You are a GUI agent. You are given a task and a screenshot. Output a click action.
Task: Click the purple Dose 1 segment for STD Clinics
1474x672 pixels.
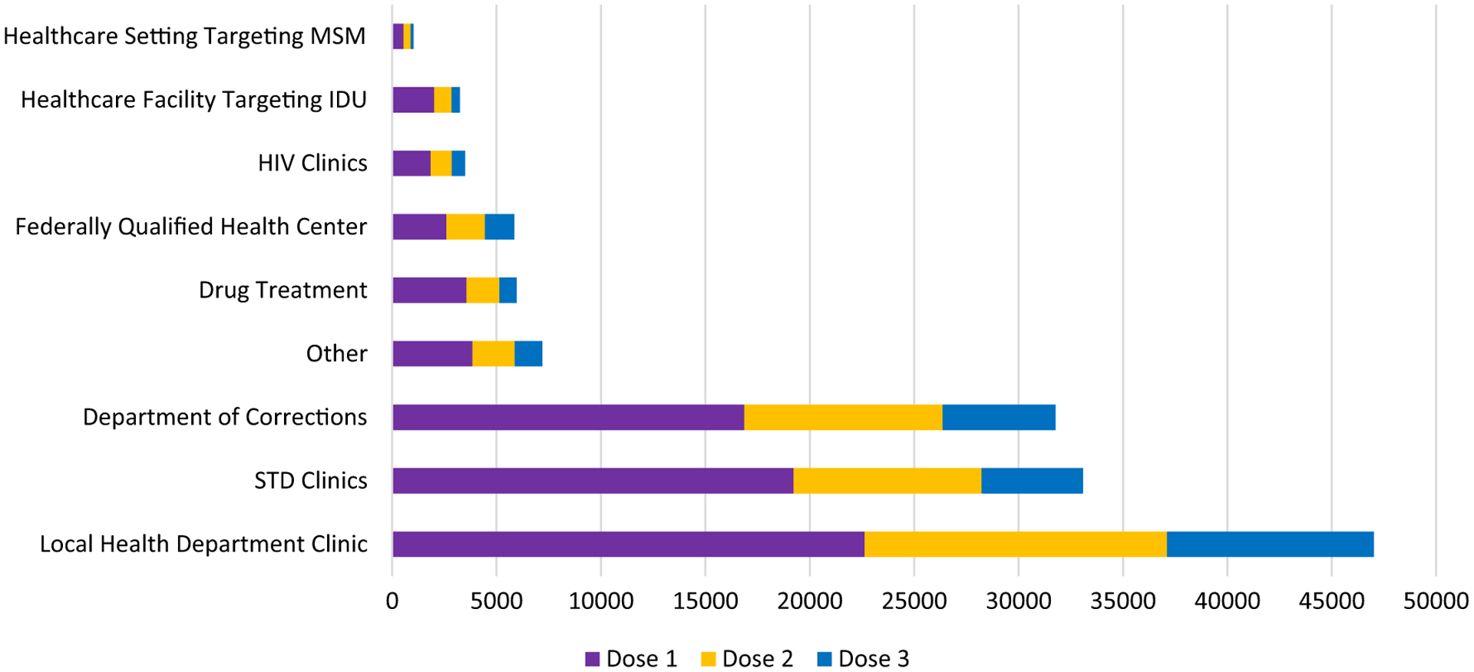coord(593,481)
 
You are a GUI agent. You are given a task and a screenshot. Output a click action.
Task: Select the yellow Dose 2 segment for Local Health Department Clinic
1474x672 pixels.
coord(1015,544)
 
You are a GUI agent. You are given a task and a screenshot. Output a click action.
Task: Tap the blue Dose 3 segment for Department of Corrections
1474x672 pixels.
coord(998,417)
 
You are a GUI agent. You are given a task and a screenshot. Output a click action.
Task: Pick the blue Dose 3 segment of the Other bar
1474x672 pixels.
coord(528,353)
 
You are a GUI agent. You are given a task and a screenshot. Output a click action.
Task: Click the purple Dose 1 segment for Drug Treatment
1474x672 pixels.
coord(429,290)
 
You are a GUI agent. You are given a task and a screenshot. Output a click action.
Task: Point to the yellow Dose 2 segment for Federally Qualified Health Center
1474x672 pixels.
coord(465,227)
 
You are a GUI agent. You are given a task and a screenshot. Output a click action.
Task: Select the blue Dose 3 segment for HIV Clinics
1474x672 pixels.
coord(458,164)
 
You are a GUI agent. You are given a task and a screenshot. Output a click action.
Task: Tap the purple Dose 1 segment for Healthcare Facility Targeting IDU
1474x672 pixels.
coord(413,100)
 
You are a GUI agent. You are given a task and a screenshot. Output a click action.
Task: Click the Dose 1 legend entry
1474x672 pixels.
coord(631,659)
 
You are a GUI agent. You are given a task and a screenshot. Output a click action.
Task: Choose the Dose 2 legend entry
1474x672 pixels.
coord(747,659)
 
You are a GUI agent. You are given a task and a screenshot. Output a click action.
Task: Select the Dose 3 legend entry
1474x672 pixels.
coord(863,659)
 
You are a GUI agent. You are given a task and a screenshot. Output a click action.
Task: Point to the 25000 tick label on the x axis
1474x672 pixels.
coord(914,601)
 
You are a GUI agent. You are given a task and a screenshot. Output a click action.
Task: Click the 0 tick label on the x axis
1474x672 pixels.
coord(392,601)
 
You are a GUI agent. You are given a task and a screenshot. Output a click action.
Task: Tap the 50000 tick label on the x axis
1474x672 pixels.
coord(1436,601)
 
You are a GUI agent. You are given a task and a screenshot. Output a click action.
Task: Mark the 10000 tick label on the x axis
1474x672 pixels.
coord(601,601)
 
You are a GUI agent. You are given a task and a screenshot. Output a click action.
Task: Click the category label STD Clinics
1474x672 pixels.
coord(311,481)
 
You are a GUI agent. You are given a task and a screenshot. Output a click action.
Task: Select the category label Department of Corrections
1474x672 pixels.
coord(225,417)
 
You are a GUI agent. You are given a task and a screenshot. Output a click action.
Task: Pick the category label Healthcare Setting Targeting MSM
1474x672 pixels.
coord(184,36)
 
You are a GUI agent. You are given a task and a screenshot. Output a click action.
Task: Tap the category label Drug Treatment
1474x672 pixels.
coord(283,290)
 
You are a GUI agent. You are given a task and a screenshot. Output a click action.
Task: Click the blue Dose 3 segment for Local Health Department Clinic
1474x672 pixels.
coord(1270,544)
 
